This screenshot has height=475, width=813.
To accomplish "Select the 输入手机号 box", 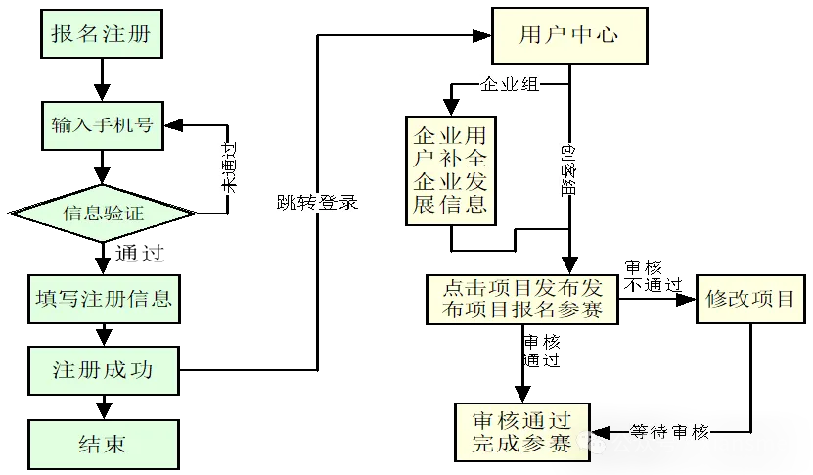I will click(102, 125).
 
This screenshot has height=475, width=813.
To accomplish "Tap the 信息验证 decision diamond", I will click(103, 212).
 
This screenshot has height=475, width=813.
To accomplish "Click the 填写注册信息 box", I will click(103, 298).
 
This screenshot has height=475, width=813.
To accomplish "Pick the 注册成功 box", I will click(103, 371).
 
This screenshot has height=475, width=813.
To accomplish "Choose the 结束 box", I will click(103, 444).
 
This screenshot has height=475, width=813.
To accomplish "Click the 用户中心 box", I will click(569, 35).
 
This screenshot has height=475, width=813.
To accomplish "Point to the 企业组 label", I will click(509, 83).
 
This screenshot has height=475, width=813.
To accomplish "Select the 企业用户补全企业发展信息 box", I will click(451, 170).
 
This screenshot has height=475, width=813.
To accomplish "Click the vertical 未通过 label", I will click(228, 167).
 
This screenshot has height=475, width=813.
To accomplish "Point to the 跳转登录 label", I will click(317, 203).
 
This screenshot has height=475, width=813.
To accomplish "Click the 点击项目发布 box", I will click(522, 299).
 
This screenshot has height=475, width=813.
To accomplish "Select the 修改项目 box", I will click(750, 299).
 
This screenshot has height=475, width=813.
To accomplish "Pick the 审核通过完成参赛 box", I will click(521, 431).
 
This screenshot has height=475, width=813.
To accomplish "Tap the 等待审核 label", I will click(670, 432).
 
